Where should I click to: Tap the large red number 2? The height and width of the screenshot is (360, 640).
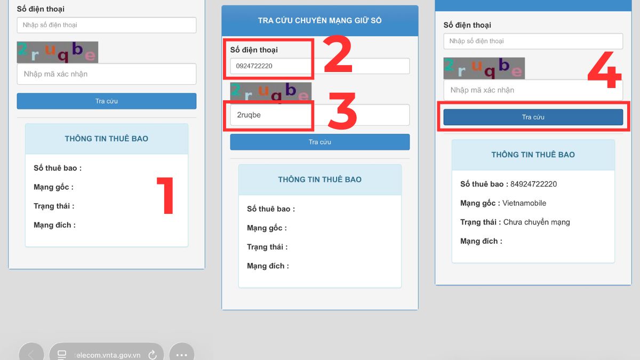click(x=338, y=54)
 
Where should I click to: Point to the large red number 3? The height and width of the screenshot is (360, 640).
click(x=342, y=110)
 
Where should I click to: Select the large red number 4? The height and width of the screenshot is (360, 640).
click(x=605, y=70)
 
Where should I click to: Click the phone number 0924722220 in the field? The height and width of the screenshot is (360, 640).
click(x=254, y=66)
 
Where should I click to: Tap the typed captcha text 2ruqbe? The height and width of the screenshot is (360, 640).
click(x=249, y=115)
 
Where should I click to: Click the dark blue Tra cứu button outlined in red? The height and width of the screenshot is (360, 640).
click(x=533, y=117)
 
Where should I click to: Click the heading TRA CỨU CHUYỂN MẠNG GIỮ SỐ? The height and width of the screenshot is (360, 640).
click(x=319, y=21)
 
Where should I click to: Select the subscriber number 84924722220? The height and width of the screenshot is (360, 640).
click(x=533, y=184)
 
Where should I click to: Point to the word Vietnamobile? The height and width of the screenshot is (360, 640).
click(x=524, y=203)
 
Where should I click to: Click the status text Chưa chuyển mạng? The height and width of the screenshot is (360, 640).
click(x=537, y=222)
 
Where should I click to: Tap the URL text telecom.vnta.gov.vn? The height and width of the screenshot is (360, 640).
click(x=107, y=355)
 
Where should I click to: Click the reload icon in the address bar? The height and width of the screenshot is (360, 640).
click(x=153, y=355)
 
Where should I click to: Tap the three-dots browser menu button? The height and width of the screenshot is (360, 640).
click(x=182, y=355)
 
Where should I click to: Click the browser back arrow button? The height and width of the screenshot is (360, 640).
click(x=31, y=354)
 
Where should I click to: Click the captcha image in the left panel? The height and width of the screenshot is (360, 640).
click(x=58, y=52)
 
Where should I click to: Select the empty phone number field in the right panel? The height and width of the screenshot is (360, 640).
click(x=533, y=41)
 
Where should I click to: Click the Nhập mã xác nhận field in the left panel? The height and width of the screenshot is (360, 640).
click(x=107, y=74)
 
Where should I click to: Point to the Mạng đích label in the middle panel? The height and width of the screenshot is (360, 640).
click(x=268, y=266)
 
